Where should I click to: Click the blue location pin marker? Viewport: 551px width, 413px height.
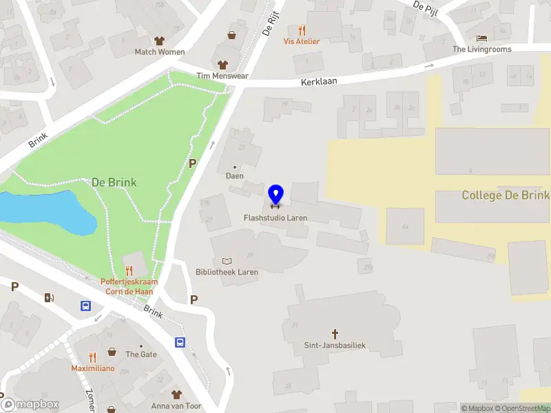[x=275, y=195]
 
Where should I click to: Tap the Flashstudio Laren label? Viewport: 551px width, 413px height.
[x=275, y=218]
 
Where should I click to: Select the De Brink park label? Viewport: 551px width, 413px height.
[x=114, y=182]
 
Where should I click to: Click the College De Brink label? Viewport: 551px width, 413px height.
[x=506, y=195]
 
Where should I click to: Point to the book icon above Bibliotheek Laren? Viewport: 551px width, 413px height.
[x=227, y=261]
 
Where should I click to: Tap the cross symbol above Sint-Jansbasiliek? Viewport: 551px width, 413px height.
[x=335, y=334]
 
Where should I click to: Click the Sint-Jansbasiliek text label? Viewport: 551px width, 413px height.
[x=335, y=346]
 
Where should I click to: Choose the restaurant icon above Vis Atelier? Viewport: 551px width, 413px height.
[x=302, y=30]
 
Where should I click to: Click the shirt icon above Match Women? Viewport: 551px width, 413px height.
[x=160, y=41]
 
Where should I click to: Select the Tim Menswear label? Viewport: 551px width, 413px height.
[x=222, y=76]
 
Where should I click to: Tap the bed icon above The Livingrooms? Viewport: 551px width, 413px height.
[x=481, y=39]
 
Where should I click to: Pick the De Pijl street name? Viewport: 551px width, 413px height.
[x=426, y=6]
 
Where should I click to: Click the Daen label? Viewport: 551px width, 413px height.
[x=235, y=176]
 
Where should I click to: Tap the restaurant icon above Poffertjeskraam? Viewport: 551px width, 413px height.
[x=128, y=271]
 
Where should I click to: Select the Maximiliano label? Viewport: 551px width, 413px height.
[x=92, y=368]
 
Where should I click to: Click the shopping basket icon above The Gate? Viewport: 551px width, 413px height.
[x=112, y=352]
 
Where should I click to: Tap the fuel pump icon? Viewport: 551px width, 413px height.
[x=48, y=297]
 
